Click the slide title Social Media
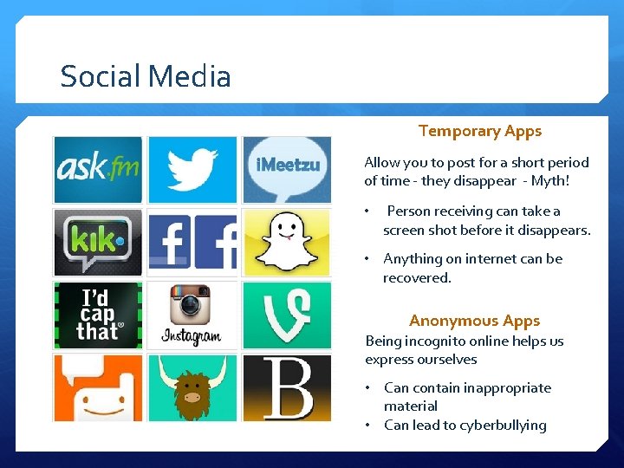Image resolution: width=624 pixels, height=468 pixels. point(146,77)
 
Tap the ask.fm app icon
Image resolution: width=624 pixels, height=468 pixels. point(98,170)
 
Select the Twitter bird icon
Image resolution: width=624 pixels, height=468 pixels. point(192,170)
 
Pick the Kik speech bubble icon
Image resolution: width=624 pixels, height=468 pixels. point(98,242)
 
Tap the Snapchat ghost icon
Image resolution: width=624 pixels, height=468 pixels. point(286,241)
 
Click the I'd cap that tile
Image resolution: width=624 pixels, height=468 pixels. point(98,315)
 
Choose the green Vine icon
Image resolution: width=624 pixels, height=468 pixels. point(286,315)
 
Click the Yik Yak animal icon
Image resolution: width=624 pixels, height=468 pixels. point(192,388)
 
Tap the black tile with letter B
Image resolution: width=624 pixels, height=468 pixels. point(286,388)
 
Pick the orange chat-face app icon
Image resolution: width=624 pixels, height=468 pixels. point(98,388)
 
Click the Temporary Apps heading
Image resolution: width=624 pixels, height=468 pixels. point(479,132)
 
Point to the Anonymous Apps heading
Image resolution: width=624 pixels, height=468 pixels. point(474,321)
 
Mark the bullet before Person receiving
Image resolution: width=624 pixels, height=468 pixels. point(367,211)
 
